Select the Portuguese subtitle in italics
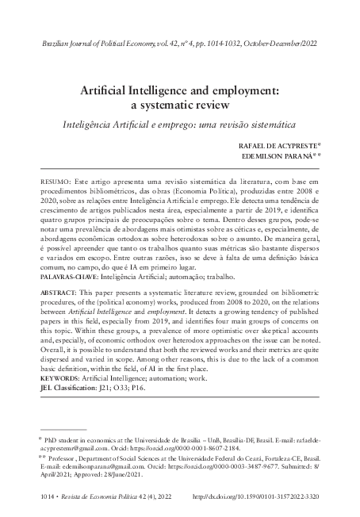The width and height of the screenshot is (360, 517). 179,125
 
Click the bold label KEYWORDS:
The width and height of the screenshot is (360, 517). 63,380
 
